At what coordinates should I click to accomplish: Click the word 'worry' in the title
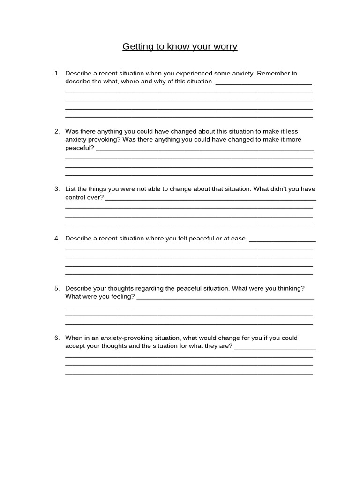click(225, 46)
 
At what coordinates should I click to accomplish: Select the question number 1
click(57, 73)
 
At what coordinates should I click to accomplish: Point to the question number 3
click(57, 189)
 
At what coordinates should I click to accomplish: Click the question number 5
click(57, 288)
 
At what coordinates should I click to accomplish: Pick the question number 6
click(57, 338)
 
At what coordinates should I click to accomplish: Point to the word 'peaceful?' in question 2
click(79, 148)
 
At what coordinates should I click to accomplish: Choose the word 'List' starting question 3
click(70, 189)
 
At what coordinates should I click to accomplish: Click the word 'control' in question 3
click(76, 197)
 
